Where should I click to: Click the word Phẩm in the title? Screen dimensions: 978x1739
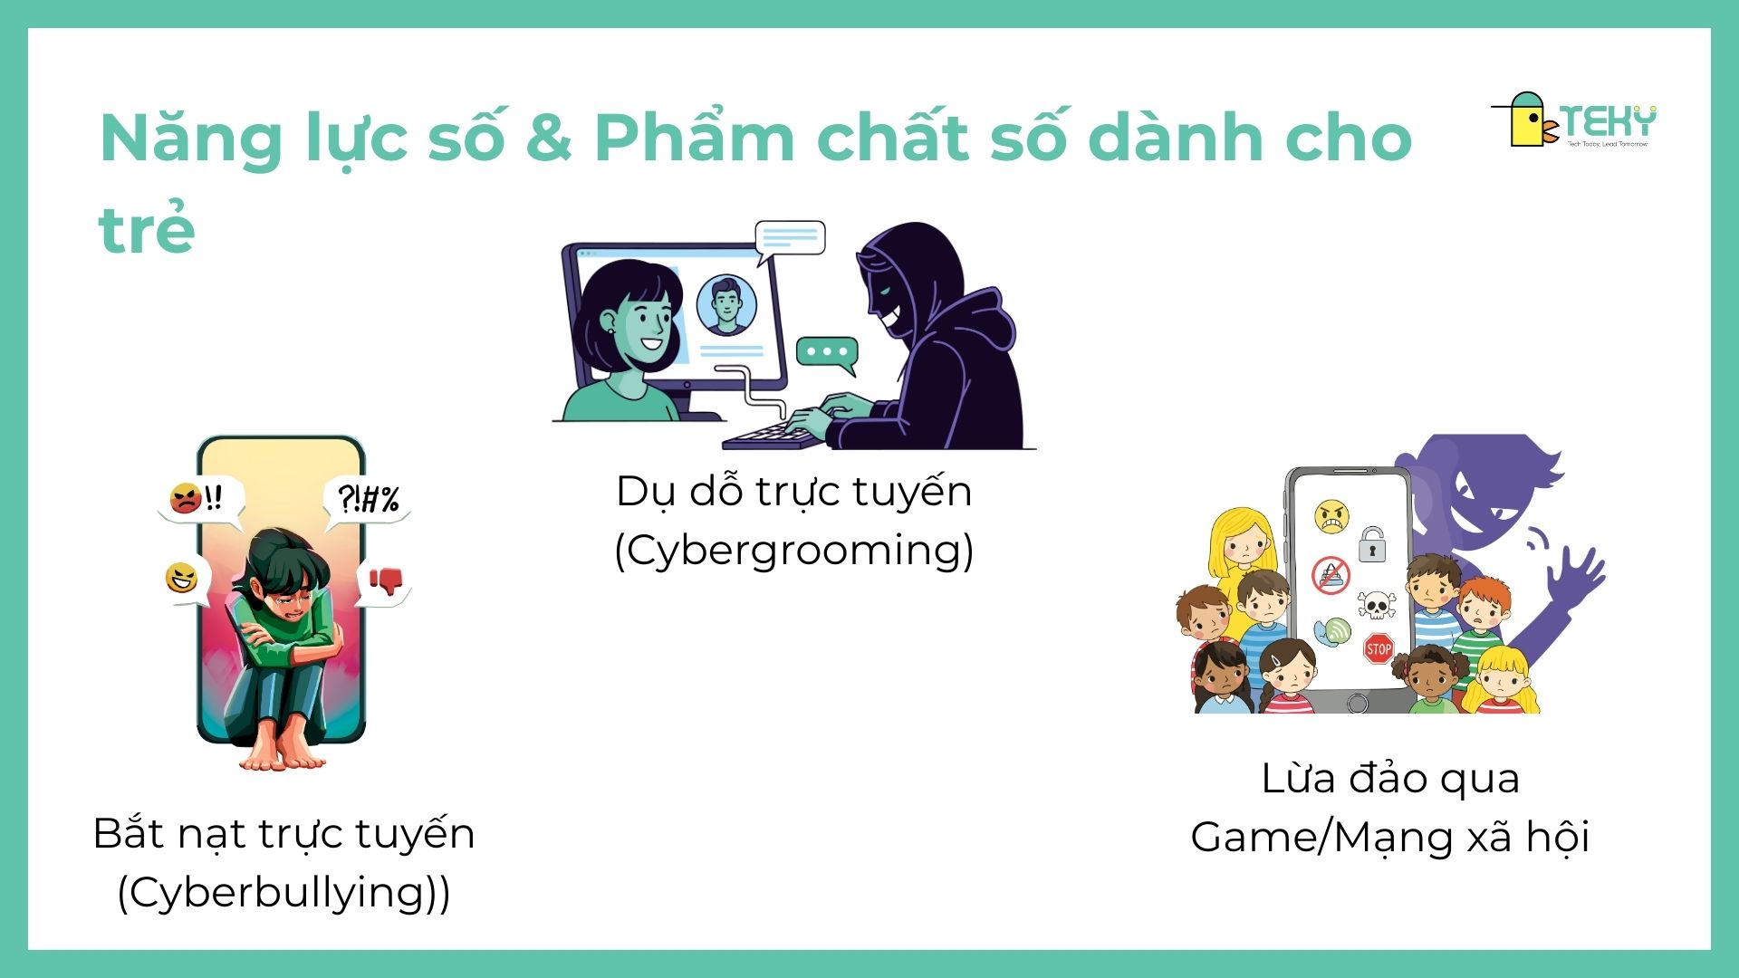click(x=693, y=139)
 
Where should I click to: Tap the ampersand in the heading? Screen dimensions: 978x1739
click(x=547, y=139)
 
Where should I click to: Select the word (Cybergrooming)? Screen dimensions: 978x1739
click(x=793, y=550)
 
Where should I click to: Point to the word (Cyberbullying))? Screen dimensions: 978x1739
click(x=283, y=892)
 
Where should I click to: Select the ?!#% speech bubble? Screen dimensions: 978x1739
click(x=367, y=499)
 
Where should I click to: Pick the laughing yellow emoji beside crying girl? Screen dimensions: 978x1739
click(x=182, y=578)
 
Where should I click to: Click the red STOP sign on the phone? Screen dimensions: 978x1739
click(x=1378, y=648)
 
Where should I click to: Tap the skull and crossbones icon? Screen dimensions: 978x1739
click(x=1376, y=603)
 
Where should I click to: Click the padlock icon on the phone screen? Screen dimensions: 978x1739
click(x=1372, y=545)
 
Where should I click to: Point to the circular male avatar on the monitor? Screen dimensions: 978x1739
click(x=726, y=304)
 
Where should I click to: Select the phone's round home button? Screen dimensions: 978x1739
click(x=1357, y=703)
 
